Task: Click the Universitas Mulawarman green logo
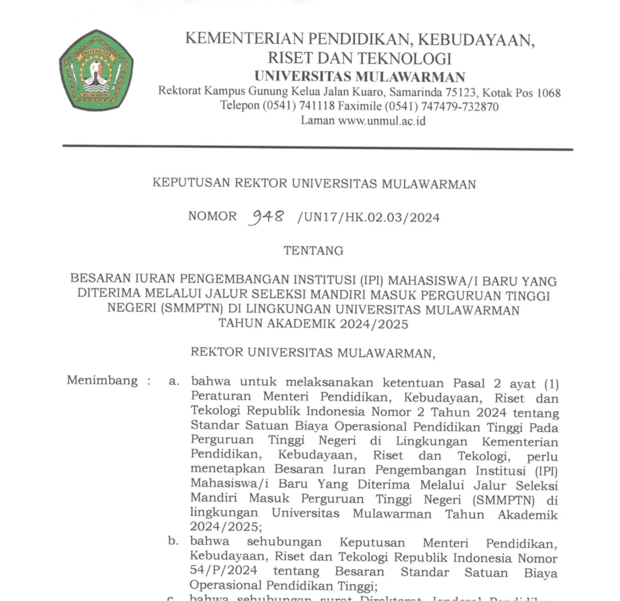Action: coord(96,70)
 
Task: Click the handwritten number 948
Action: coord(266,217)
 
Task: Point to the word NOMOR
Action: coord(212,216)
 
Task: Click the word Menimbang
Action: coord(102,380)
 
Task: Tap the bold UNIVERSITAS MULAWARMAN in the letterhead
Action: coord(360,77)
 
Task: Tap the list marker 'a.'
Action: coord(174,381)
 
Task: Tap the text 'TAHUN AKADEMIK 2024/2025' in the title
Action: coord(313,324)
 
